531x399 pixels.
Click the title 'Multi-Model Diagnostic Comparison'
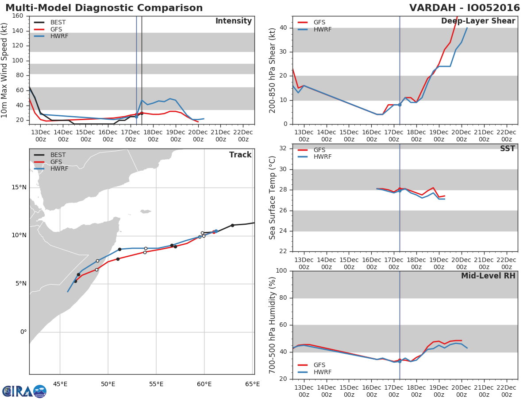tap(104, 8)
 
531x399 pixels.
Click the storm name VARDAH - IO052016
tap(464, 8)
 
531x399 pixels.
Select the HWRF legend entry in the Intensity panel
tap(59, 36)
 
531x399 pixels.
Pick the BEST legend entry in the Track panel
tap(58, 155)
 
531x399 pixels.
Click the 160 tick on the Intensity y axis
tap(18, 16)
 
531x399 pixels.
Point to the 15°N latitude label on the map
tap(18, 188)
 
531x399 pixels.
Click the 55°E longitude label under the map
tap(156, 383)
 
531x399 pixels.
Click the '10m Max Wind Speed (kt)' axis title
tap(5, 70)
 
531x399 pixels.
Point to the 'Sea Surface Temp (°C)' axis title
tap(273, 197)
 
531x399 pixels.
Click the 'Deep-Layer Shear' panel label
tap(478, 21)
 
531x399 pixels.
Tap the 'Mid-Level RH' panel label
tap(488, 276)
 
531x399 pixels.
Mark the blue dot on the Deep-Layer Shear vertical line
tap(400, 105)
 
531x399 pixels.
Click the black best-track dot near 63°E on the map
tap(232, 225)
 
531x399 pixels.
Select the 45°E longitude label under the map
tap(60, 383)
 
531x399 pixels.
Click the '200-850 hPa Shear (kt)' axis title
tap(273, 70)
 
